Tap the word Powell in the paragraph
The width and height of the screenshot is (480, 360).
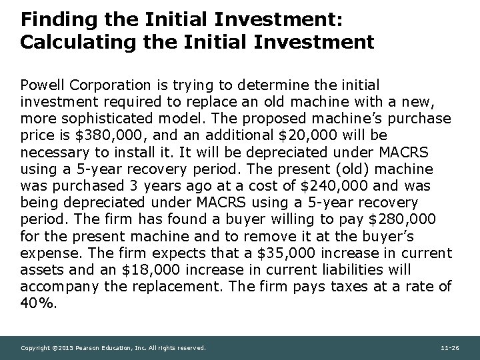(x=41, y=85)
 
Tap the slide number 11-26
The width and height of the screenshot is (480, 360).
(x=451, y=348)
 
